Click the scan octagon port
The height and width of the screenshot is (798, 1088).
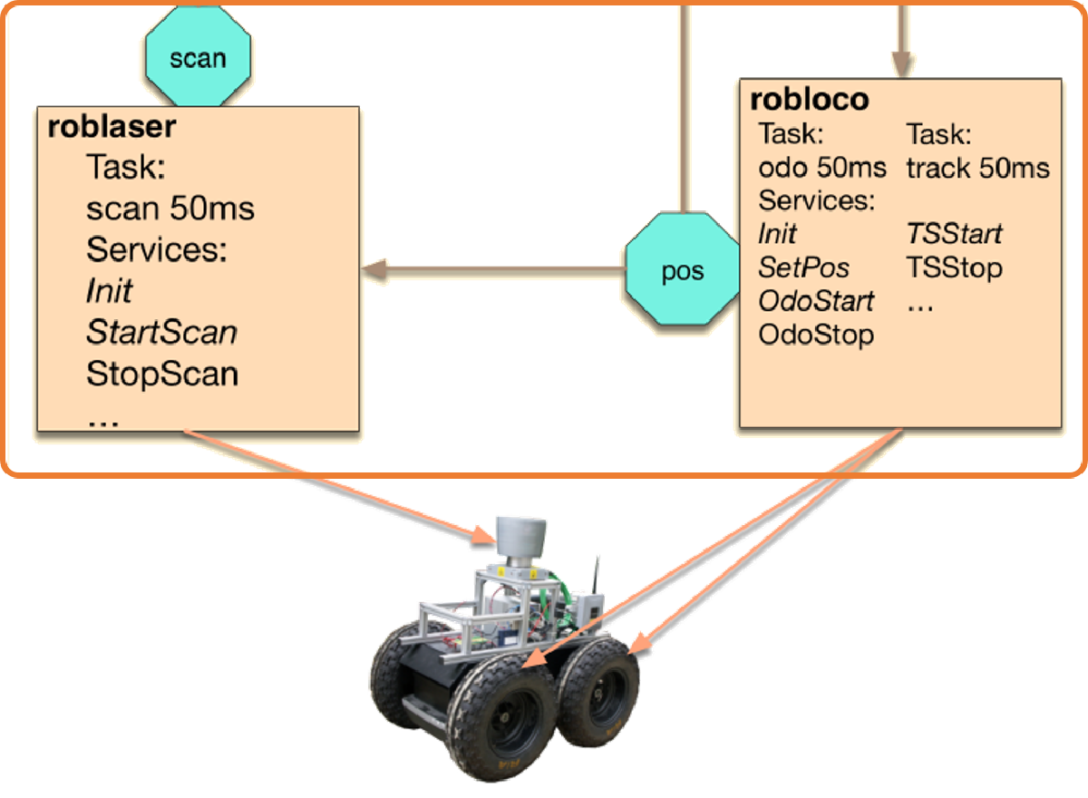(x=198, y=59)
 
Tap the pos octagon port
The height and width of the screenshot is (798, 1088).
(x=682, y=271)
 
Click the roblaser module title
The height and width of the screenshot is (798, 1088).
(x=112, y=128)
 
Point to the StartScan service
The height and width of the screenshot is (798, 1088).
(x=161, y=333)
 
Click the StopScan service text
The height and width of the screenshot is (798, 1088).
(x=161, y=374)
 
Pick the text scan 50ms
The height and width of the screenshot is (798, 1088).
(x=170, y=209)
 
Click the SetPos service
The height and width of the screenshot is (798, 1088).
(x=804, y=268)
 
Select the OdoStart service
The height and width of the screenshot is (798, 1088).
(x=816, y=300)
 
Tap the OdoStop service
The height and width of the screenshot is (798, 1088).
(x=816, y=334)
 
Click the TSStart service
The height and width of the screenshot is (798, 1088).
(x=954, y=234)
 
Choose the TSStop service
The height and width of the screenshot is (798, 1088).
(x=954, y=268)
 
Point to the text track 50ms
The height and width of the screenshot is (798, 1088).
(x=977, y=168)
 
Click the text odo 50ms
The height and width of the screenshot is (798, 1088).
(x=823, y=168)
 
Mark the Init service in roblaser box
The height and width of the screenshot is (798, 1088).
(x=109, y=291)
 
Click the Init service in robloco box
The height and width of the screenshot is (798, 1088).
(x=777, y=234)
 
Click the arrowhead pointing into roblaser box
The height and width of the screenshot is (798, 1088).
(x=374, y=269)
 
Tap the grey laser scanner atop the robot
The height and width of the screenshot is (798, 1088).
(x=521, y=534)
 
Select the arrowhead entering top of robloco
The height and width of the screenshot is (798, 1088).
(x=900, y=65)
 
